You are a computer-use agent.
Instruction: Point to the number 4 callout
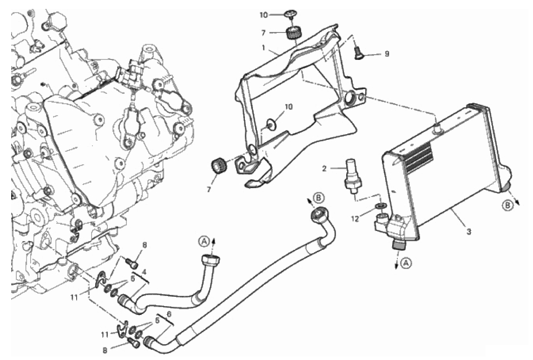coord(144,272)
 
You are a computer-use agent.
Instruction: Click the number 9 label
coord(386,54)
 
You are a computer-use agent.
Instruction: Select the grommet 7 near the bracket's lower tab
coord(218,166)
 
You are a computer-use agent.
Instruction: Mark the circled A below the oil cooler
coord(406,262)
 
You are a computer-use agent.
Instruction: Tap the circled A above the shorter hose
coord(203,241)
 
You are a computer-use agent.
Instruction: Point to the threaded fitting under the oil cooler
coord(398,244)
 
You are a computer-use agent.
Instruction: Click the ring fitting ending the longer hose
coord(321,215)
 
